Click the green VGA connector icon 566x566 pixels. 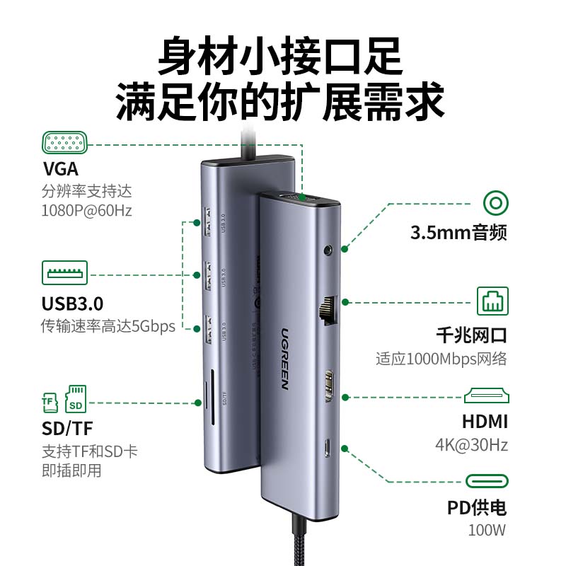click(x=65, y=143)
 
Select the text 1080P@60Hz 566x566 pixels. click(x=86, y=210)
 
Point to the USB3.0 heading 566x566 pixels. click(x=72, y=304)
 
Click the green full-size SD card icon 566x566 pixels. click(x=75, y=400)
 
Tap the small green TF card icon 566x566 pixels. click(x=49, y=403)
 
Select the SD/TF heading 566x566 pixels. click(x=67, y=428)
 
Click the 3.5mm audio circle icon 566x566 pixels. click(x=495, y=204)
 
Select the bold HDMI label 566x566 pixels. click(x=485, y=422)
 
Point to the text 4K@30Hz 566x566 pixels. click(x=481, y=446)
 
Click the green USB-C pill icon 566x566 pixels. click(x=487, y=482)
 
